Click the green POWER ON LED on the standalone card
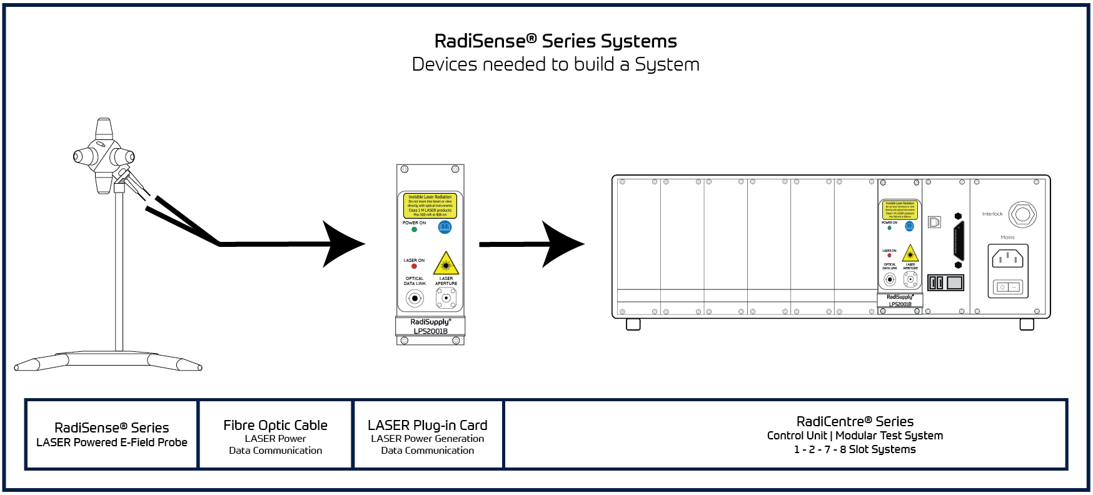tap(414, 229)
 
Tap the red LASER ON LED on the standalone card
tap(414, 266)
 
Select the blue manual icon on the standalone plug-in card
tap(445, 227)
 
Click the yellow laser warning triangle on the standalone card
tap(446, 264)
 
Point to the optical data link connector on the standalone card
tap(415, 298)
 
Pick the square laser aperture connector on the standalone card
tap(446, 298)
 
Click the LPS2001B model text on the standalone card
tap(430, 331)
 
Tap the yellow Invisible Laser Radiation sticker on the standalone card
tap(430, 206)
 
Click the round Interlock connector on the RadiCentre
tap(1022, 214)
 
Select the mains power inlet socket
tap(1007, 257)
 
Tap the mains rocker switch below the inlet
tap(1008, 287)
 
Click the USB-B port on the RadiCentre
tap(934, 222)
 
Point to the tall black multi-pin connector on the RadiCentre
tap(959, 241)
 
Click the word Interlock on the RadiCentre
tap(992, 214)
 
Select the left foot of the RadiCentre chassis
tap(633, 324)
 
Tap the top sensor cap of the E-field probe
tap(104, 129)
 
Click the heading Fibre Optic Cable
tap(275, 425)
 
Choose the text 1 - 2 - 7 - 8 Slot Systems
tap(855, 449)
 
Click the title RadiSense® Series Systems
tap(555, 41)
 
